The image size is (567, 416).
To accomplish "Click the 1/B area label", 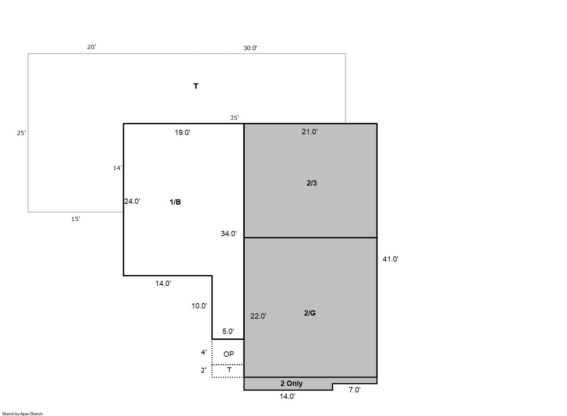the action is pyautogui.click(x=175, y=202).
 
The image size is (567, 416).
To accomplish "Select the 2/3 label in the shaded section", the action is pyautogui.click(x=312, y=183).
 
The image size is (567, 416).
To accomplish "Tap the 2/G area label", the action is pyautogui.click(x=310, y=313).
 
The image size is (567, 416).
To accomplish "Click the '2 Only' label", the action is pyautogui.click(x=291, y=383).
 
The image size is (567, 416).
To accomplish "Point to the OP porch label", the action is pyautogui.click(x=228, y=354).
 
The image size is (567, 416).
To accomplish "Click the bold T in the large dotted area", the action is pyautogui.click(x=196, y=86).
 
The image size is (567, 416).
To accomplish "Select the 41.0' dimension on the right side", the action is pyautogui.click(x=391, y=259).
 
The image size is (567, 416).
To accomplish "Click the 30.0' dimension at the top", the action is pyautogui.click(x=250, y=48).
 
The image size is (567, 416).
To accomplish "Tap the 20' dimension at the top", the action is pyautogui.click(x=92, y=47).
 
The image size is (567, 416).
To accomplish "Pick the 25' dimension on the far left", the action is pyautogui.click(x=21, y=133).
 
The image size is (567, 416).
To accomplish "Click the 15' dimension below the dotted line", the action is pyautogui.click(x=76, y=219).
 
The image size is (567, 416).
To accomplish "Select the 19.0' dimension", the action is pyautogui.click(x=182, y=132).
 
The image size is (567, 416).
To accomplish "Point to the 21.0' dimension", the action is pyautogui.click(x=310, y=132).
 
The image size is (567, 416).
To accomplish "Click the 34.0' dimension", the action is pyautogui.click(x=228, y=233).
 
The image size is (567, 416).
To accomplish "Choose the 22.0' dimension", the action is pyautogui.click(x=258, y=316).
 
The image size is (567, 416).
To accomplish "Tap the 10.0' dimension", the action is pyautogui.click(x=199, y=306).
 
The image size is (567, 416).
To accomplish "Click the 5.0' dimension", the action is pyautogui.click(x=228, y=331).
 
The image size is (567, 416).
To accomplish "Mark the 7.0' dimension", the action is pyautogui.click(x=355, y=390).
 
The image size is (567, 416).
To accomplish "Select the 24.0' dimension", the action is pyautogui.click(x=132, y=201).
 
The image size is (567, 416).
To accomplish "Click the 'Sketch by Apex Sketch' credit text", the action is pyautogui.click(x=22, y=414).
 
